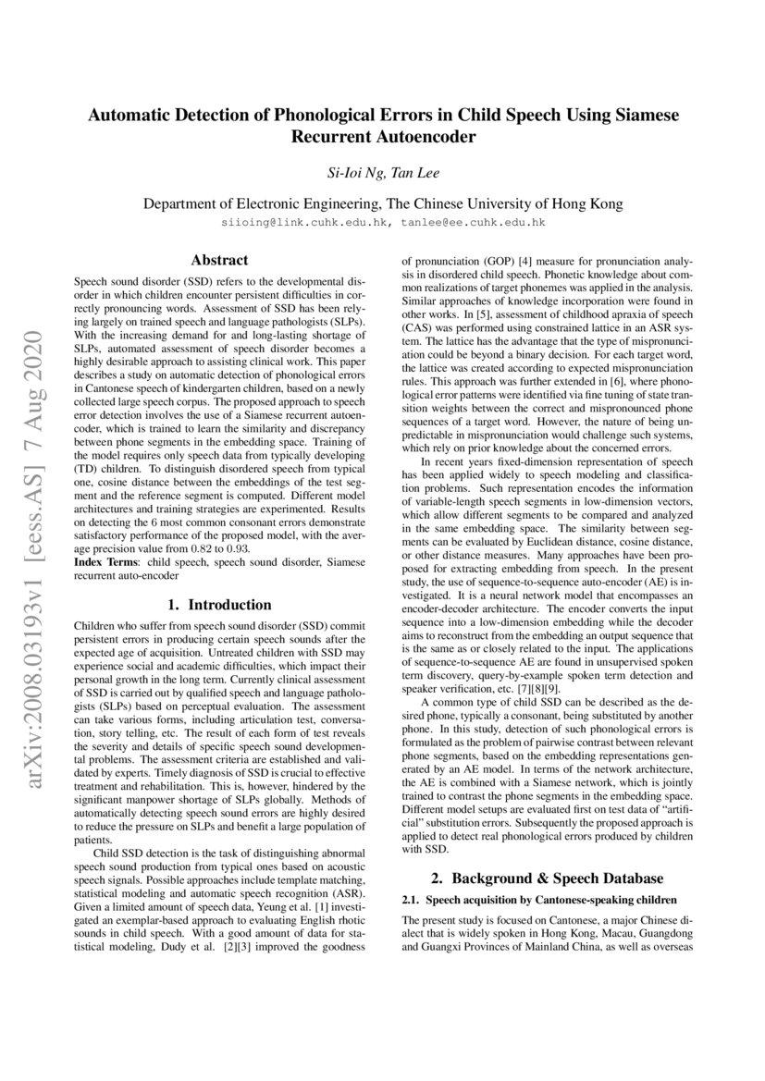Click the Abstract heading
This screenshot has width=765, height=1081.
tap(218, 261)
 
